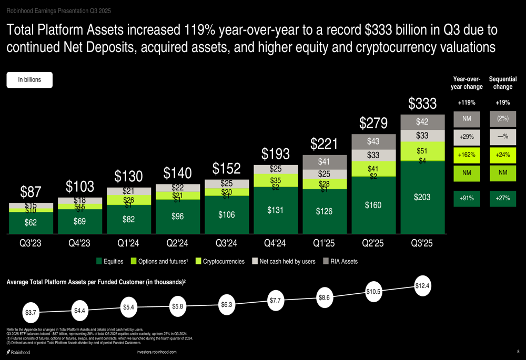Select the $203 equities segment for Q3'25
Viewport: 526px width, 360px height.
pos(422,197)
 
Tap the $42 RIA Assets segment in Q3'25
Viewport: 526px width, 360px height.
pos(422,122)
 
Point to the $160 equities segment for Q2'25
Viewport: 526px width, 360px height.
pos(373,204)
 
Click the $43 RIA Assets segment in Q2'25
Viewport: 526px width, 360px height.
pos(373,141)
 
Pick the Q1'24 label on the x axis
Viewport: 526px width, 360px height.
pos(128,243)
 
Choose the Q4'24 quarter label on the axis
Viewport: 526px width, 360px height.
pos(275,243)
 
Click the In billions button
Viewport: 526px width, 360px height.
pos(29,80)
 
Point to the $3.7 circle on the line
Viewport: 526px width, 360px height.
pos(31,313)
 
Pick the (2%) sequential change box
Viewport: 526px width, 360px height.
pos(502,119)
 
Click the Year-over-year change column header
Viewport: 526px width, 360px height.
pos(467,83)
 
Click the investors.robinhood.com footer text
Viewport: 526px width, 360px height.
pos(156,352)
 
